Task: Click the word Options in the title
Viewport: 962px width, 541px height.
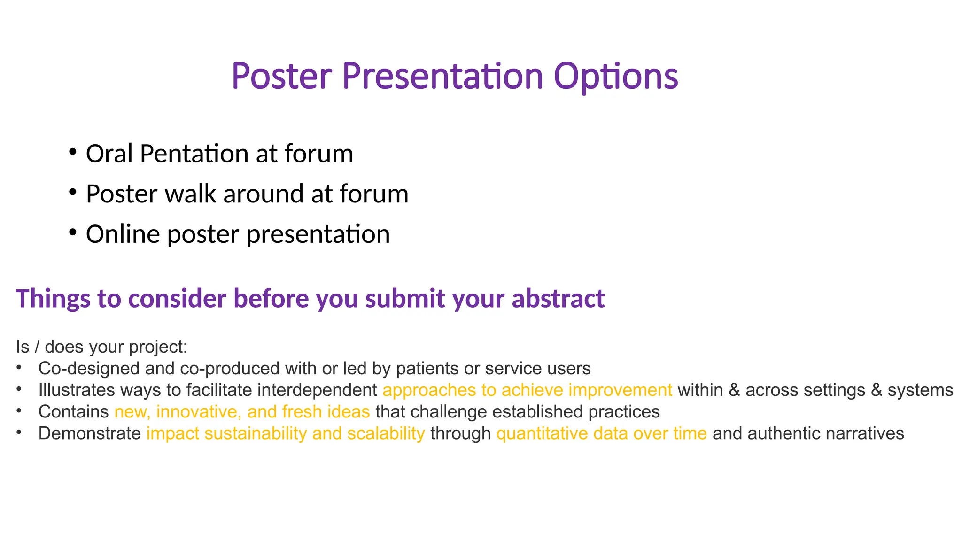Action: point(615,77)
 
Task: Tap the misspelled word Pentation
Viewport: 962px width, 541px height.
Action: point(194,154)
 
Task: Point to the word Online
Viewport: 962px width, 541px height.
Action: point(123,234)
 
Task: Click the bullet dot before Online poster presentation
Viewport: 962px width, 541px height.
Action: point(72,232)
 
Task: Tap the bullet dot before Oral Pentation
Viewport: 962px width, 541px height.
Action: point(72,152)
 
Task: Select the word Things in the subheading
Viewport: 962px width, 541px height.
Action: point(53,299)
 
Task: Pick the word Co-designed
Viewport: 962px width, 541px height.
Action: point(89,369)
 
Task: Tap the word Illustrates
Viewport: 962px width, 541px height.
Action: point(77,390)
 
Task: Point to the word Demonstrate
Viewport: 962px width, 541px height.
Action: point(89,433)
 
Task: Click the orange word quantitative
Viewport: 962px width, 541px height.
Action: point(542,433)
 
